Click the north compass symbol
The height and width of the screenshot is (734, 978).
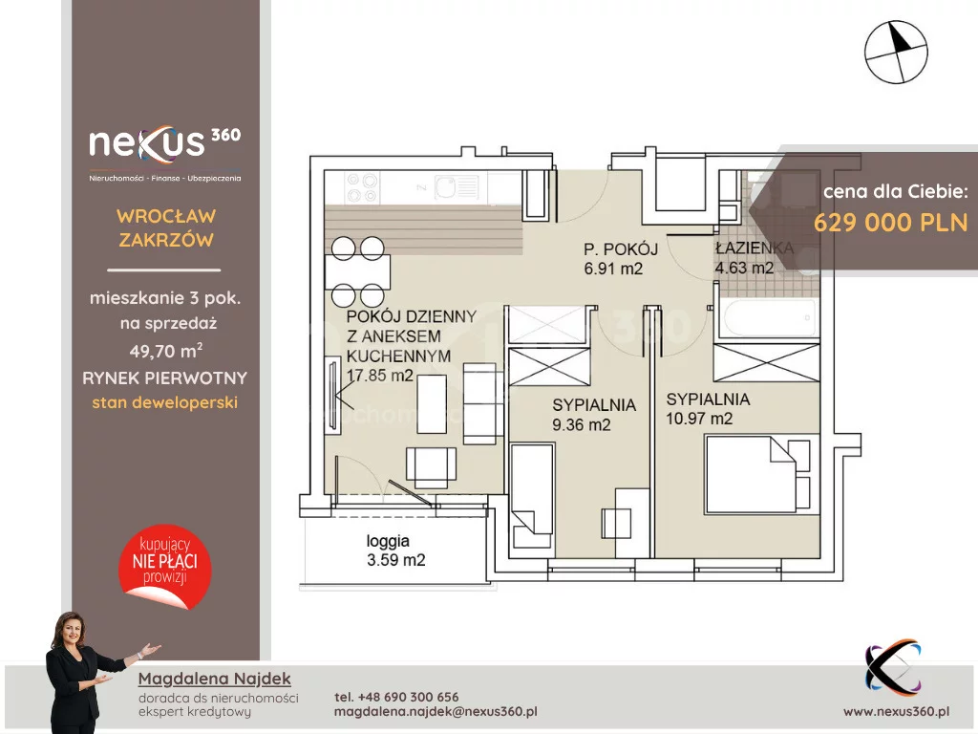coord(896,52)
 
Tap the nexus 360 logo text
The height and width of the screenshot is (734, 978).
coord(164,142)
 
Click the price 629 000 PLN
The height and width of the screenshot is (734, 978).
coord(891,222)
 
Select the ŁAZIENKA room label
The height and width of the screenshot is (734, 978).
coord(755,248)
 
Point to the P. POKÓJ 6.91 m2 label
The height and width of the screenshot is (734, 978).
coord(621,259)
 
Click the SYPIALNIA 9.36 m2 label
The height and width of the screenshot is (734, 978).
coord(594,415)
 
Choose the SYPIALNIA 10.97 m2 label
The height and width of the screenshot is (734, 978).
coord(708,409)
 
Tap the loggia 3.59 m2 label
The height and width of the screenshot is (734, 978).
coord(395,550)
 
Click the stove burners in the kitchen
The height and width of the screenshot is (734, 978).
coord(362,188)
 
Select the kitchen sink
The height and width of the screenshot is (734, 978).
coord(457,186)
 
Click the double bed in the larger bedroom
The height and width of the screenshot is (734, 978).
coord(759,474)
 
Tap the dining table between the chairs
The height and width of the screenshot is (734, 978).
coord(357,271)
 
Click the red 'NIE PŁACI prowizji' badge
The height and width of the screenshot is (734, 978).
coord(165,566)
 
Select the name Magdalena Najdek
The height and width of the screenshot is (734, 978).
coord(215,679)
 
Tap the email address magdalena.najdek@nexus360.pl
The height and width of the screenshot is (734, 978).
coord(436,711)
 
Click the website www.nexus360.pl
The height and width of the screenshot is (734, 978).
coord(896,711)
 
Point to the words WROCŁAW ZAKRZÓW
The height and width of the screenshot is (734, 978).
coord(166,227)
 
